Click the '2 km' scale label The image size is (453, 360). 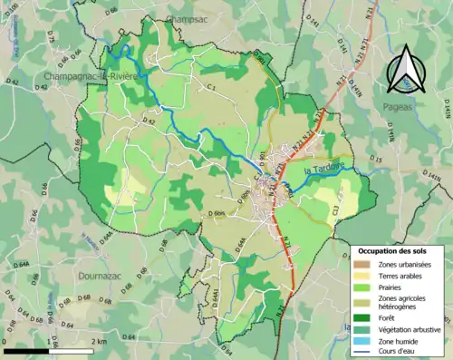tap(98, 341)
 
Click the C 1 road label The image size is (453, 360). tap(210, 87)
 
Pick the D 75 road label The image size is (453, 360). tap(51, 37)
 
